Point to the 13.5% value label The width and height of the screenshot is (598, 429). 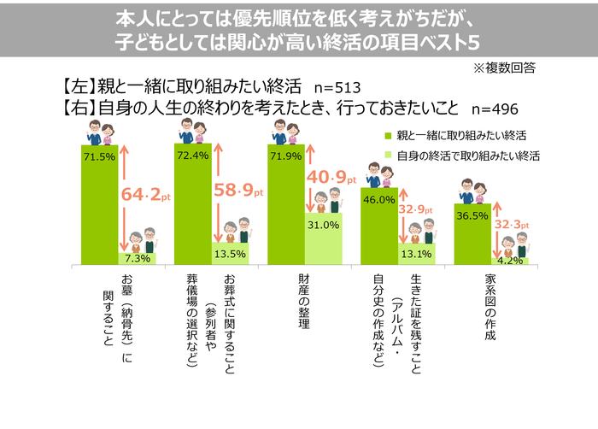click(230, 253)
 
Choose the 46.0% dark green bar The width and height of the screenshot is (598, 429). click(378, 231)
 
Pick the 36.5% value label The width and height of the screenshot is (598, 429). click(472, 215)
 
